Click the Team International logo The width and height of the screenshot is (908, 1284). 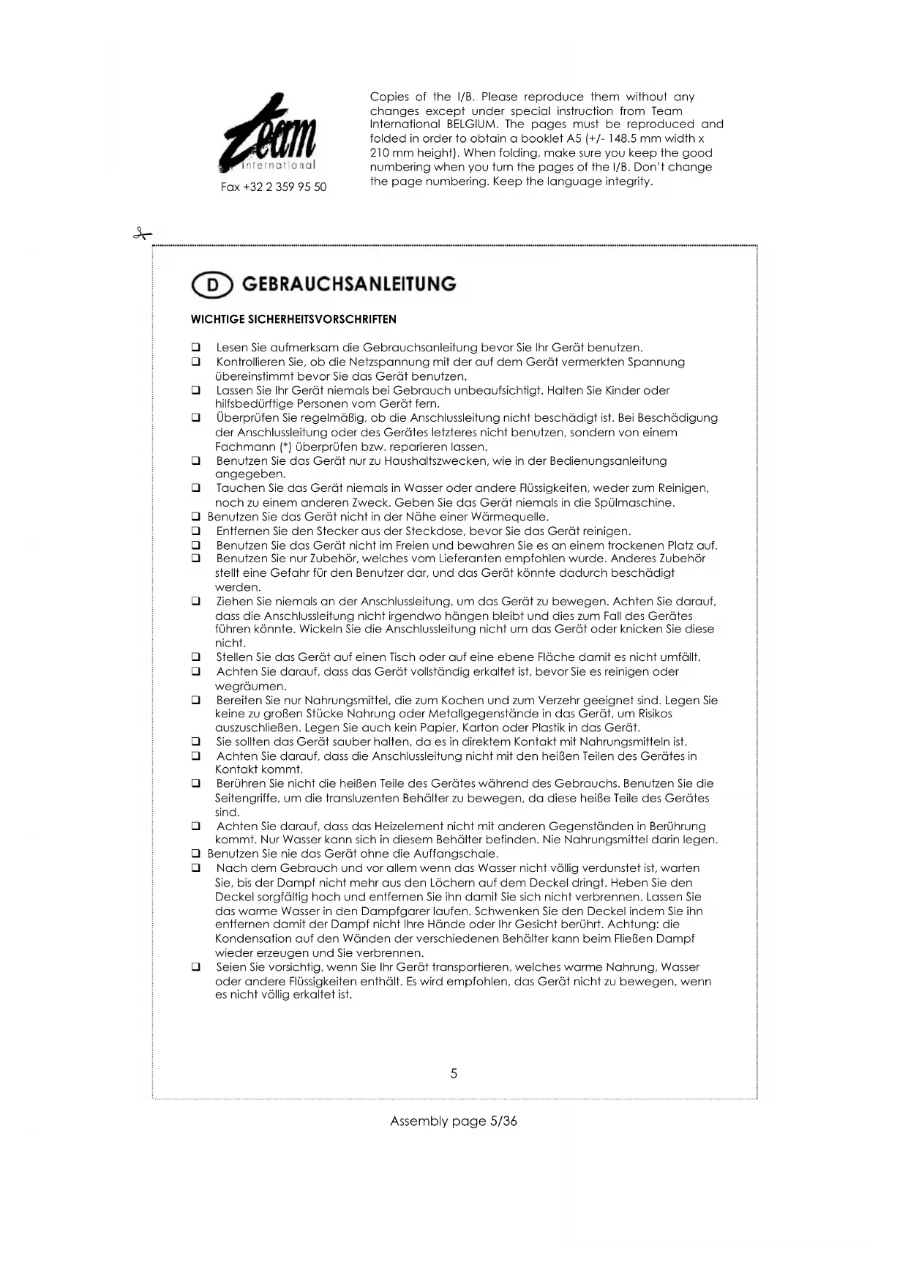tap(269, 134)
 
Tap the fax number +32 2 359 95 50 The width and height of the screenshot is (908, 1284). tap(274, 187)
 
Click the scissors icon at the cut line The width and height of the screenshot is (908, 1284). tap(142, 234)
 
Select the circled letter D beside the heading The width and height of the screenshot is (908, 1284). tap(212, 285)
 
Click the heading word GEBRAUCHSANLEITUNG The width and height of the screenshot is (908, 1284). tap(348, 284)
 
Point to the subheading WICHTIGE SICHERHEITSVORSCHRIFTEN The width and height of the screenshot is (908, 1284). tap(293, 319)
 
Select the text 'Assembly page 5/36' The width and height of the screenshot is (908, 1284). tap(453, 1121)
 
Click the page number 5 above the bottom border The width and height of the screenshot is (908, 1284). tap(454, 1073)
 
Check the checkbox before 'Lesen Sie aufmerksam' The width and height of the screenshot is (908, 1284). tap(196, 348)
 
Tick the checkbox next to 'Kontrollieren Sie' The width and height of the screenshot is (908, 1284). tap(196, 362)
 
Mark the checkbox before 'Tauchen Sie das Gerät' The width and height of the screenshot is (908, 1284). tap(196, 488)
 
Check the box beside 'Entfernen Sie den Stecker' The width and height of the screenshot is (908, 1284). tap(196, 531)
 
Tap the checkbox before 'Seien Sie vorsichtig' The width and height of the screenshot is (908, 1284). tap(196, 967)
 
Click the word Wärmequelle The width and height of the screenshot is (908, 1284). tap(512, 517)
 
